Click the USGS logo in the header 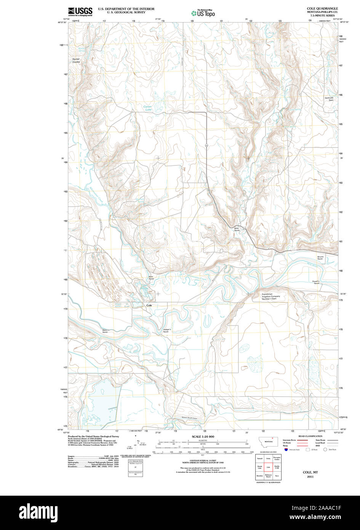[x=80, y=11]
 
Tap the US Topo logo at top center [x=203, y=13]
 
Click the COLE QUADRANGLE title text [x=322, y=8]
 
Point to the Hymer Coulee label [x=76, y=61]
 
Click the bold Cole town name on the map [x=149, y=305]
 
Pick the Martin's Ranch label [x=105, y=331]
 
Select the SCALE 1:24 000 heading [x=203, y=437]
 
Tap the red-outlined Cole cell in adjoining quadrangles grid [x=268, y=467]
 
